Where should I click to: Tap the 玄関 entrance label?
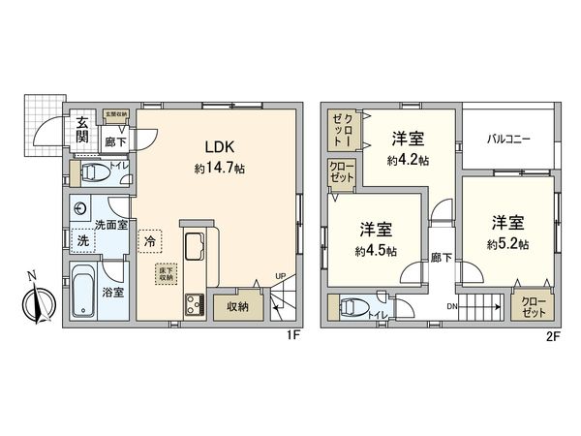point(84,129)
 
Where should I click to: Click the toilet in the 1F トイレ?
point(95,174)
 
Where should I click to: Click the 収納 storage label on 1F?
point(237,307)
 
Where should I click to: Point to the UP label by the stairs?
point(281,275)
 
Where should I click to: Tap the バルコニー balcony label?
point(508,139)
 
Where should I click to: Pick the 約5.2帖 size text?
point(507,243)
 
